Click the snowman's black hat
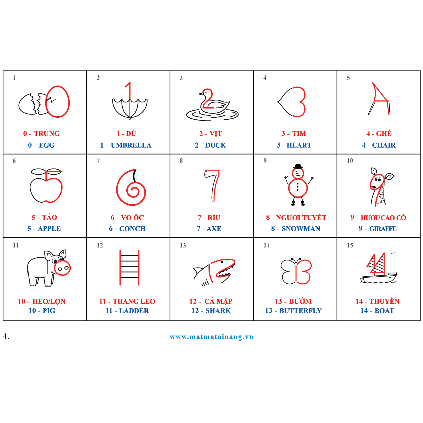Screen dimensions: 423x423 pos(298,166)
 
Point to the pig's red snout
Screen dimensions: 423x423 pos(62,268)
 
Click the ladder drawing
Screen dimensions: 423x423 pos(129,267)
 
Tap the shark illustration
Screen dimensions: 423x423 pos(214,272)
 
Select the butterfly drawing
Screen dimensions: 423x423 pos(296,271)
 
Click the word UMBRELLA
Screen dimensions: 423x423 pos(131,145)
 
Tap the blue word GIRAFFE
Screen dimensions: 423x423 pos(383,229)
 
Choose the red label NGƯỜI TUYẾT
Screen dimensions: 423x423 pos(301,218)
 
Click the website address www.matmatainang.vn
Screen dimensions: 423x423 pos(211,337)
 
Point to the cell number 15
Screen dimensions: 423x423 pos(350,245)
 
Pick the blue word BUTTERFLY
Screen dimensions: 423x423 pos(300,311)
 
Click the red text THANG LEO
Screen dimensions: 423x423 pos(134,301)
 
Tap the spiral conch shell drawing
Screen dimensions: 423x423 pos(131,187)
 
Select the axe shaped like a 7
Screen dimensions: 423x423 pos(212,185)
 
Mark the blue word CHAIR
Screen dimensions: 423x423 pos(384,145)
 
